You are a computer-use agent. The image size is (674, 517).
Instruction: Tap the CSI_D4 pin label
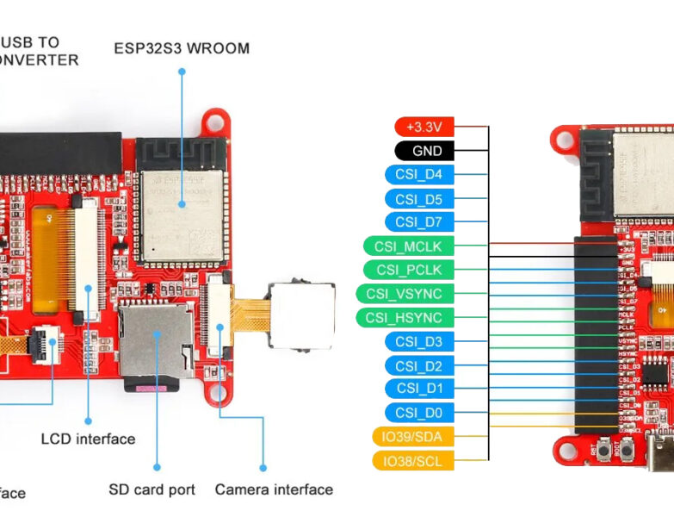[x=418, y=175]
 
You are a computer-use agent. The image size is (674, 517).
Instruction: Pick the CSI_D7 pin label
[x=418, y=222]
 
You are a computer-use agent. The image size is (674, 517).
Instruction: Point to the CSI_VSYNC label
[x=404, y=294]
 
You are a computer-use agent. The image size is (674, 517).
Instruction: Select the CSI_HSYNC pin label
[x=404, y=318]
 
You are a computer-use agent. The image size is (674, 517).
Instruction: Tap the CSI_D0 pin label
[x=418, y=413]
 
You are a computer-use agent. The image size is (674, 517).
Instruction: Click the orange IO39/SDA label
[x=412, y=437]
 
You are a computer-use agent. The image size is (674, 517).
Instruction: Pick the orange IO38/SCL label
[x=412, y=461]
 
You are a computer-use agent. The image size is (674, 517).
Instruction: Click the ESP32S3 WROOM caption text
[x=182, y=48]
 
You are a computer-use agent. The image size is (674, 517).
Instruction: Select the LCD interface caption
[x=88, y=439]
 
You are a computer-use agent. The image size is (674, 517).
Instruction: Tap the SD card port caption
[x=151, y=489]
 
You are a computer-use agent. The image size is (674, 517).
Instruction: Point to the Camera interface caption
[x=274, y=489]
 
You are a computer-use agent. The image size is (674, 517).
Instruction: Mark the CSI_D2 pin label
[x=418, y=365]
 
